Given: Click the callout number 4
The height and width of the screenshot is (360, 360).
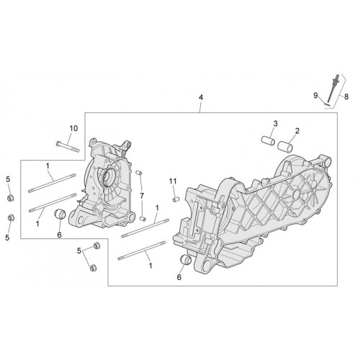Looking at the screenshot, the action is coord(201,97).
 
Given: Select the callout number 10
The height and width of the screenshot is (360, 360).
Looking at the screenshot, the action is coord(73,128).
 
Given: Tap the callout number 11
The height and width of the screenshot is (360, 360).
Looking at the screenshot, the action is coord(173,181).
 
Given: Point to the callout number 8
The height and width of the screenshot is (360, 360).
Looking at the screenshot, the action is coord(346,96).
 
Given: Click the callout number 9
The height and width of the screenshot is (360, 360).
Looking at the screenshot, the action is coord(315,95).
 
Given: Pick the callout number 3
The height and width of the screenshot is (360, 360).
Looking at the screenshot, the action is coord(276,124).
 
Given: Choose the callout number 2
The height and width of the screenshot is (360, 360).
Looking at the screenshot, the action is coord(297,131).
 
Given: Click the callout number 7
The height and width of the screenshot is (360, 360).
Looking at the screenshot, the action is coord(142,196).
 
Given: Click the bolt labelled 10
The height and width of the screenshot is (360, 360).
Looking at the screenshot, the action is coord(68,147).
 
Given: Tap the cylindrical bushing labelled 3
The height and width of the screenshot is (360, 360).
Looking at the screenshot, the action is coord(268,141).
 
